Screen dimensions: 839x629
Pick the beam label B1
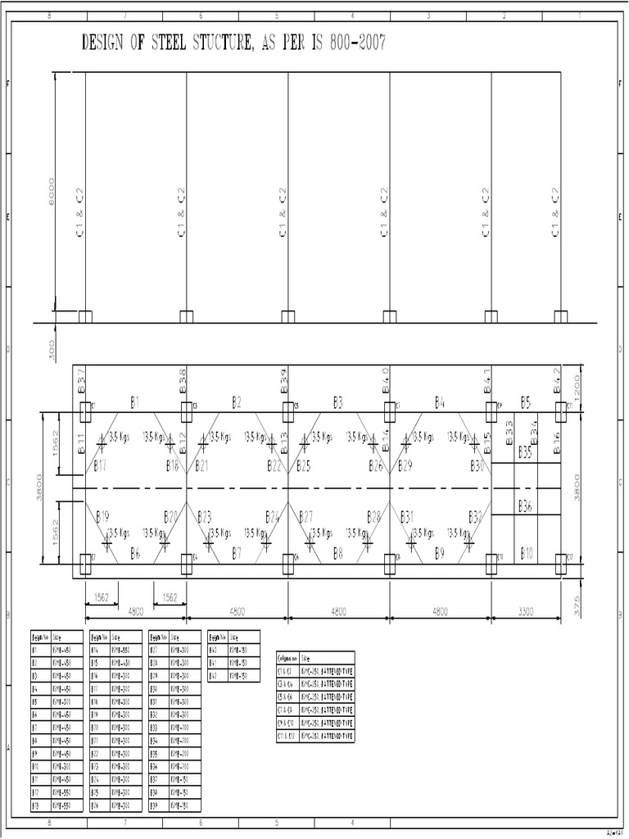tap(135, 401)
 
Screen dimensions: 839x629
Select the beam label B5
tap(526, 401)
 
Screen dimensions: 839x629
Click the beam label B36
tap(525, 506)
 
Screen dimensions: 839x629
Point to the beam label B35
tap(525, 451)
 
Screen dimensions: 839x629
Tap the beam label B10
tap(526, 554)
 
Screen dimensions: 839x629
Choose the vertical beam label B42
tap(559, 382)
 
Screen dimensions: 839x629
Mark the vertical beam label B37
tap(82, 382)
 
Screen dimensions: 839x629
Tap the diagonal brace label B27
tap(305, 516)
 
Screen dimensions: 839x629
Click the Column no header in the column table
tap(287, 657)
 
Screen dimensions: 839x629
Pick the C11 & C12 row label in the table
tap(287, 737)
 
